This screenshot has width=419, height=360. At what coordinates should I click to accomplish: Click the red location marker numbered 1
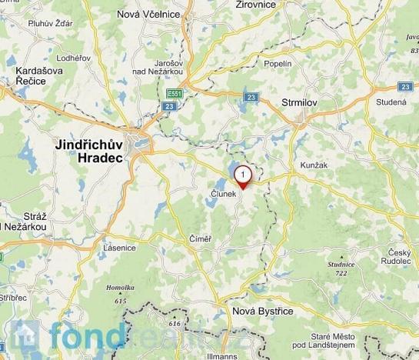(x=244, y=176)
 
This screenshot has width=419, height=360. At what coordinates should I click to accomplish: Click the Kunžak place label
(x=311, y=165)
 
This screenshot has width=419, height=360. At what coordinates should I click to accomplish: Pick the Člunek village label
(x=223, y=196)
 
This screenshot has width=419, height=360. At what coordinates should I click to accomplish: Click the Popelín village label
(x=278, y=64)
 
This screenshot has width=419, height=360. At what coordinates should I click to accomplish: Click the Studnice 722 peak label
(x=340, y=268)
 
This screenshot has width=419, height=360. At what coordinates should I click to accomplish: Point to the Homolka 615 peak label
(x=118, y=292)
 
